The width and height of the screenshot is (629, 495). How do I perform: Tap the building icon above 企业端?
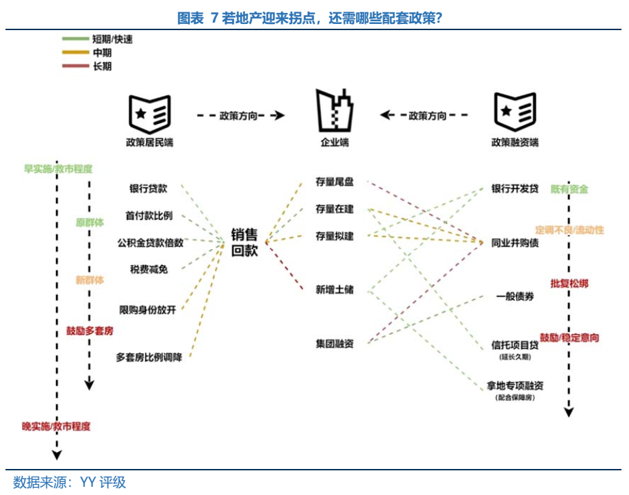coord(335,112)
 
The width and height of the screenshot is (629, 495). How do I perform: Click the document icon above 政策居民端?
coord(149,114)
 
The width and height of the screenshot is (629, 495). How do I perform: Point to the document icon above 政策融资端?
coord(514,114)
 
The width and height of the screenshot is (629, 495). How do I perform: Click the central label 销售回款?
coord(244,242)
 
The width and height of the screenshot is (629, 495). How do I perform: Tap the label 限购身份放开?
coord(147,309)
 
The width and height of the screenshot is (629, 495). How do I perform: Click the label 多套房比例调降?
coord(149,357)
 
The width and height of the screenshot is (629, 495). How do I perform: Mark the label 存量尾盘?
coord(334,183)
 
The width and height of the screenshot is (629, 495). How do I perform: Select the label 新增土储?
coord(334,290)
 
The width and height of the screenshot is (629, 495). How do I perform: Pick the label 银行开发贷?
coord(515,188)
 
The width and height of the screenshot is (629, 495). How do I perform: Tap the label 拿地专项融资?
coord(515,386)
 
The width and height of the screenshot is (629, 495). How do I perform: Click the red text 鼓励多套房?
coord(90,331)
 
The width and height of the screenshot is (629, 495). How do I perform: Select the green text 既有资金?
coord(569,189)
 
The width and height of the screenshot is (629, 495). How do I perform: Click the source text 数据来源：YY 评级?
coord(70,482)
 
